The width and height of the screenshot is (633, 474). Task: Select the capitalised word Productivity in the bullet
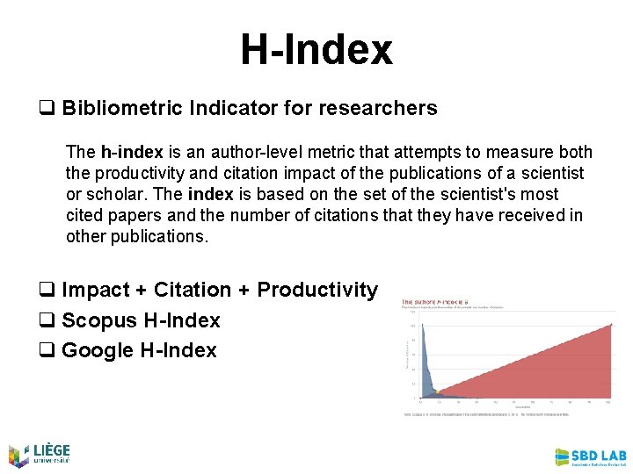(317, 290)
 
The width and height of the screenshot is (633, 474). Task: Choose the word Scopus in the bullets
(98, 320)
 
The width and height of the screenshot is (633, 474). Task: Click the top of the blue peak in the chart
(424, 326)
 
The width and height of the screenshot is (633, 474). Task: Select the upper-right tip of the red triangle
(611, 325)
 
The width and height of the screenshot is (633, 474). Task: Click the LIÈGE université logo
(39, 454)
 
